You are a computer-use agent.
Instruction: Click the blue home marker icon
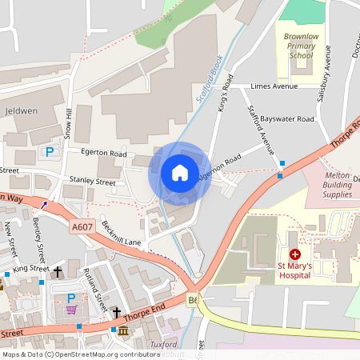tap(180, 172)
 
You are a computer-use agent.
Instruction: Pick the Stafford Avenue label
tap(261, 129)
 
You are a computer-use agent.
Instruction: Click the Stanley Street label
tap(93, 182)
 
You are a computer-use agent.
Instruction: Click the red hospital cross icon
tap(295, 254)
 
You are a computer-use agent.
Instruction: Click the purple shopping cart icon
tap(72, 310)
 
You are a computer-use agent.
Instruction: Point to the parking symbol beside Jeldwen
tap(50, 151)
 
